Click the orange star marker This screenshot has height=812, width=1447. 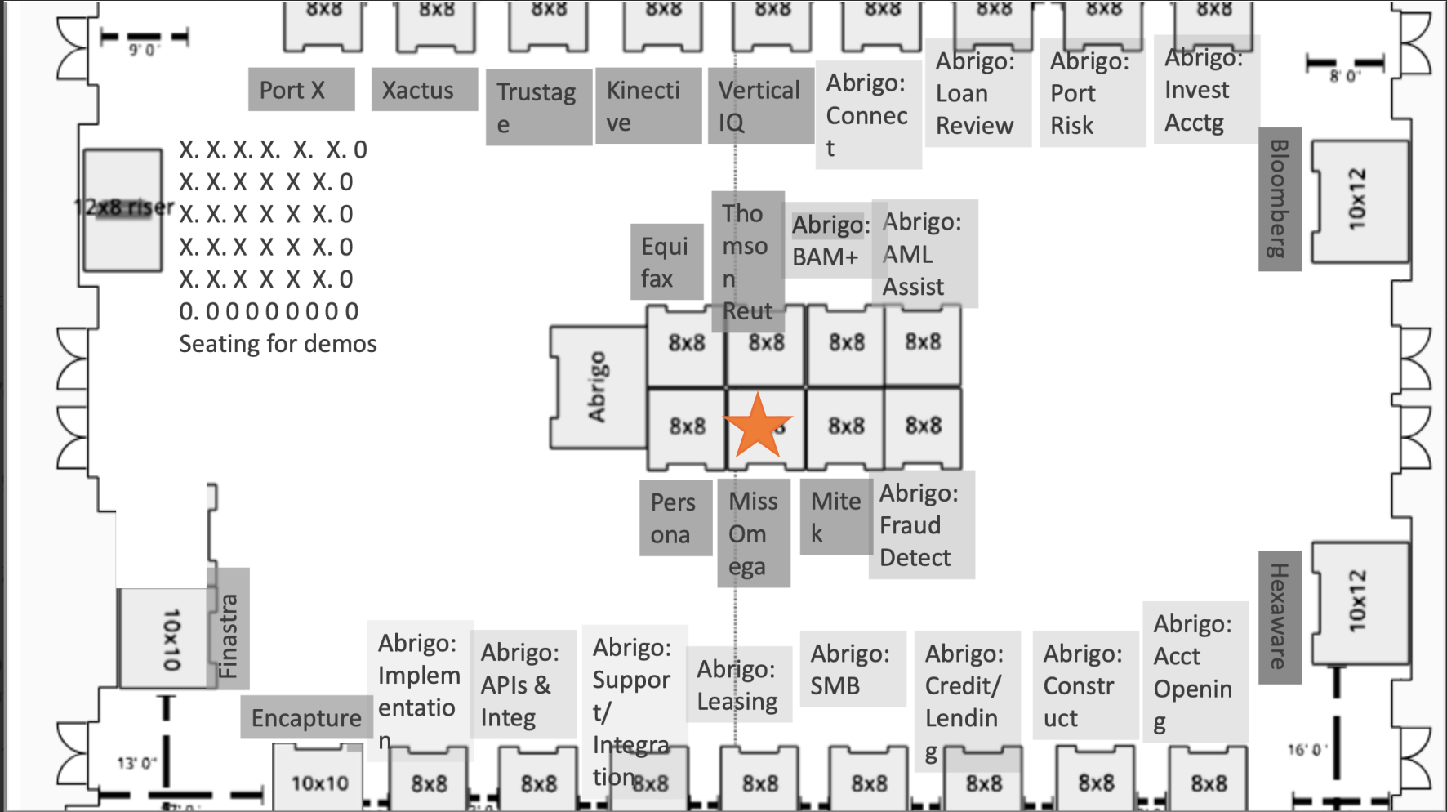click(x=758, y=426)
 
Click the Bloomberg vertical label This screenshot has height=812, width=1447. click(x=1279, y=199)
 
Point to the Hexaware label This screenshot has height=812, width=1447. click(x=1279, y=616)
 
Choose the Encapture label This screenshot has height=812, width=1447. click(x=306, y=718)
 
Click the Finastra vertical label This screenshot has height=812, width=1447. click(x=229, y=636)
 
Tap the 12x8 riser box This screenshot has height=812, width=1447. click(x=122, y=209)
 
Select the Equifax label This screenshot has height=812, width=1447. click(x=666, y=262)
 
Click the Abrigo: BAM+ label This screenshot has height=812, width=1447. click(x=828, y=240)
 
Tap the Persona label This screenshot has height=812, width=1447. click(x=675, y=518)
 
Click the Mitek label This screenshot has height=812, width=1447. click(x=835, y=516)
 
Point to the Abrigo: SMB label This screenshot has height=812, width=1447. click(x=851, y=669)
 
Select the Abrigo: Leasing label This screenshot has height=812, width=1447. click(x=738, y=685)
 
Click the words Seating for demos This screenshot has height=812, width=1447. click(x=278, y=344)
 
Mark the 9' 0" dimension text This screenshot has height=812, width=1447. click(x=145, y=51)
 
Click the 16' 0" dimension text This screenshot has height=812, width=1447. click(x=1307, y=750)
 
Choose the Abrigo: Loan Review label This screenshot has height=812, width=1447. click(x=976, y=93)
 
